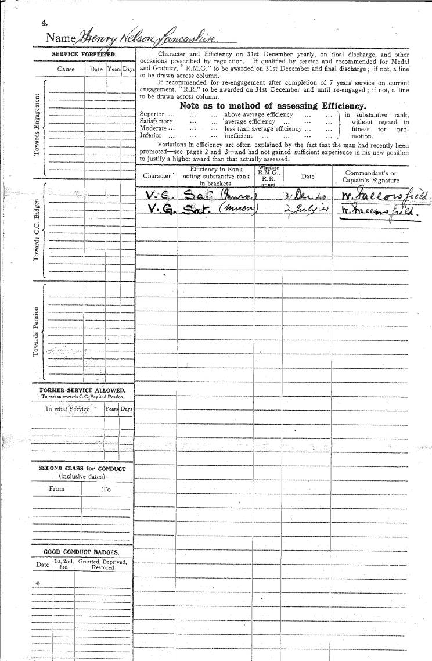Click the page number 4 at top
pos(44,23)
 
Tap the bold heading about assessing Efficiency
pos(273,106)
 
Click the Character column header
pos(157,175)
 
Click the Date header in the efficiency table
pos(307,175)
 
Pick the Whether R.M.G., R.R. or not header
pos(268,176)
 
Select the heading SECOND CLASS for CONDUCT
pos(82,468)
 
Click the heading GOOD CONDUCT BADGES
pos(81,552)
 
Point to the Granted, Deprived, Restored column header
pos(103,564)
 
